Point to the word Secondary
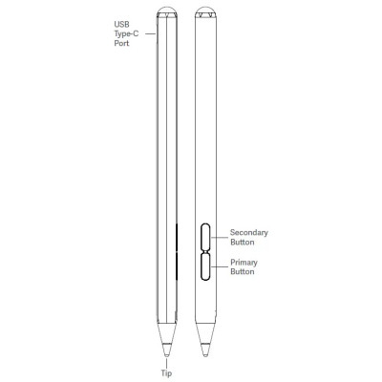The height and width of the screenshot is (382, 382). pyautogui.click(x=249, y=232)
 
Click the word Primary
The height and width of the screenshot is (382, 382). pyautogui.click(x=244, y=262)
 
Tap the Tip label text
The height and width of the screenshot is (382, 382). pyautogui.click(x=166, y=374)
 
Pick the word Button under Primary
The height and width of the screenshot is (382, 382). pyautogui.click(x=243, y=271)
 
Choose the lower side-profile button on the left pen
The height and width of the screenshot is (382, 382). pyautogui.click(x=177, y=265)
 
